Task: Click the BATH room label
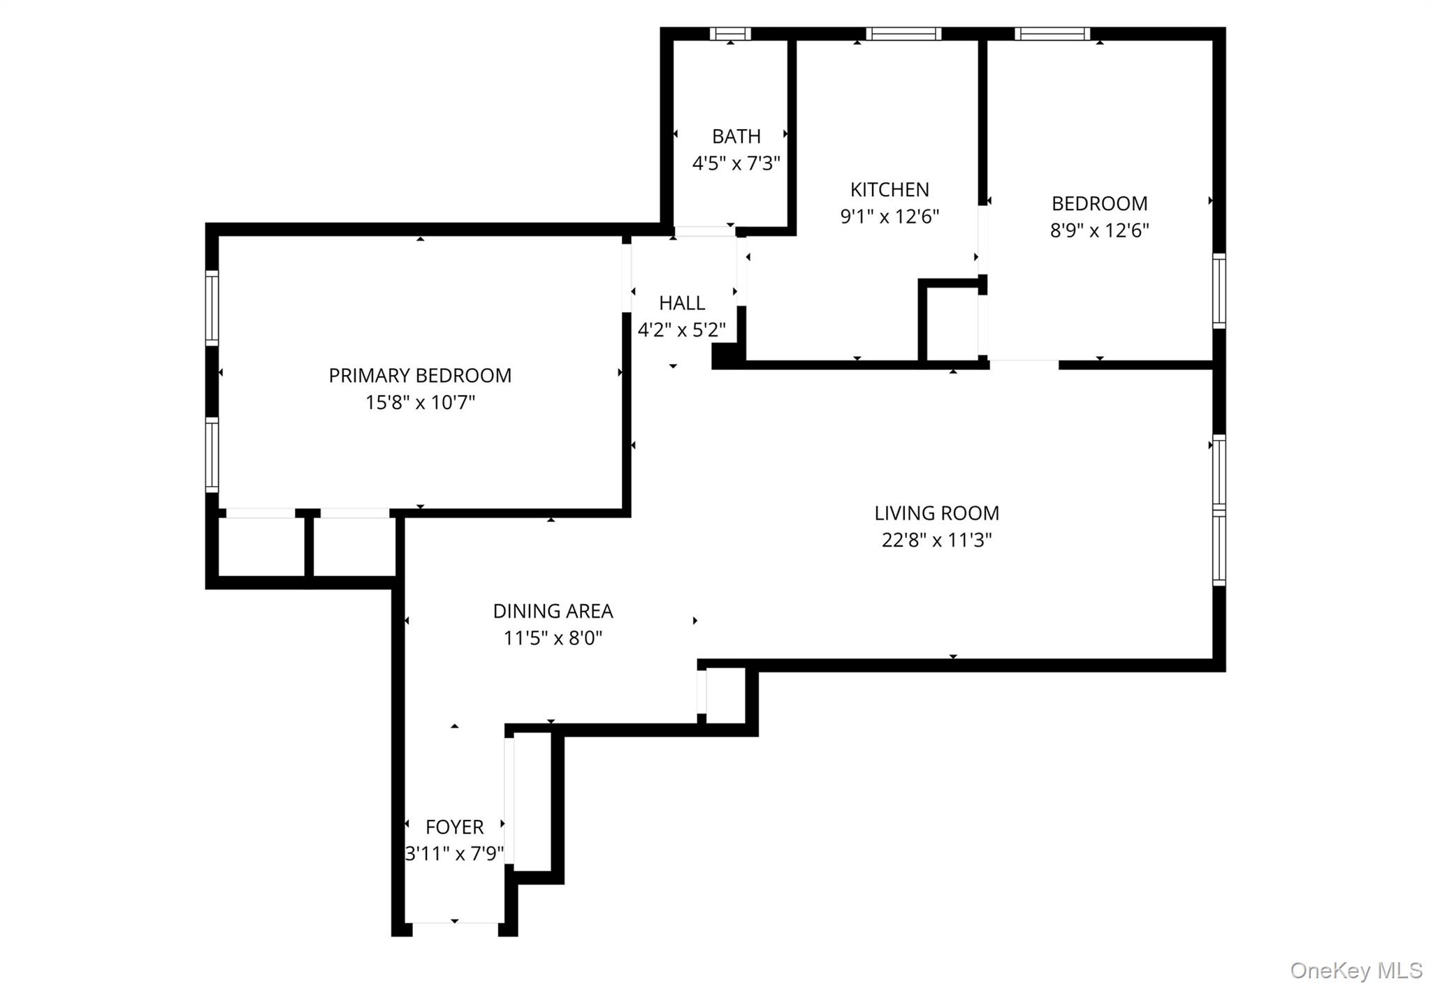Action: tap(736, 136)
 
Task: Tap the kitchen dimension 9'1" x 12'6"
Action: tap(889, 216)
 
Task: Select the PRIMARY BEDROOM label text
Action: tap(420, 376)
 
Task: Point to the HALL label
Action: tap(682, 303)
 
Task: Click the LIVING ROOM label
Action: tap(936, 513)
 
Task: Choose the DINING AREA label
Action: tap(553, 611)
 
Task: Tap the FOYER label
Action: tap(454, 827)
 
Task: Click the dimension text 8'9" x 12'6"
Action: tap(1099, 230)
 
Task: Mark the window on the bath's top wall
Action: tap(730, 34)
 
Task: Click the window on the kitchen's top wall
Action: tap(903, 34)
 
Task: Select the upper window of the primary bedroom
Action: tap(212, 307)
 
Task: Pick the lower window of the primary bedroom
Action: tap(212, 455)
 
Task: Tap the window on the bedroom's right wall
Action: tap(1219, 290)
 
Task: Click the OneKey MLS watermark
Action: tap(1356, 970)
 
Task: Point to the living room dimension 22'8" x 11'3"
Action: tap(936, 540)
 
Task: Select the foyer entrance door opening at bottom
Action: tap(455, 928)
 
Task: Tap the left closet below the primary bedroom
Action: tap(261, 546)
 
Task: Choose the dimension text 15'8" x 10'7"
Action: tap(420, 403)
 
